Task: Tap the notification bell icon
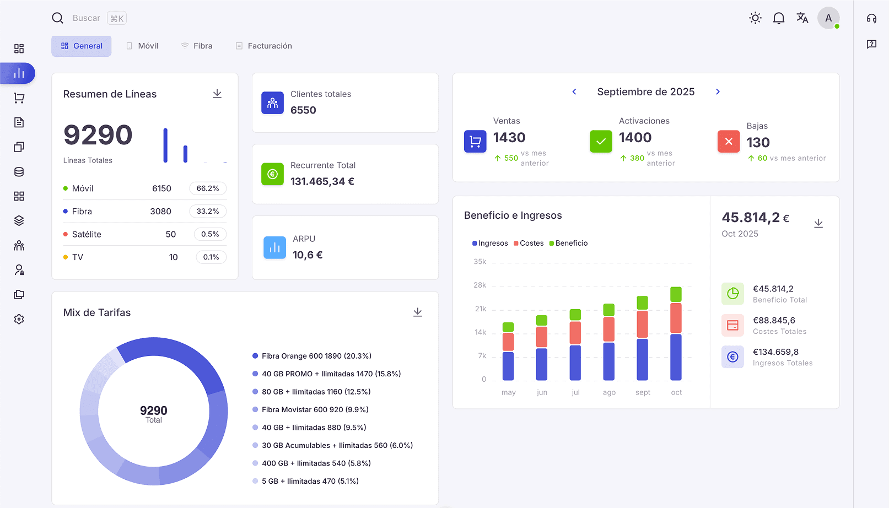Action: click(778, 18)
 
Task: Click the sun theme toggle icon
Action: click(755, 18)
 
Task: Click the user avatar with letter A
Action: click(828, 18)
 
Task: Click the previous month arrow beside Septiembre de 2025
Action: click(574, 92)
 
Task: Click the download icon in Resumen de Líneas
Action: click(217, 94)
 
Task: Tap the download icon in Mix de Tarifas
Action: click(418, 312)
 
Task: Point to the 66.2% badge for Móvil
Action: click(208, 188)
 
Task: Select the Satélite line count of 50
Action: click(171, 234)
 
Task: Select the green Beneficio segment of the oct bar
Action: click(676, 294)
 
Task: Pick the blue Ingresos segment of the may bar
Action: click(508, 366)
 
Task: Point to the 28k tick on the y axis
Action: click(480, 285)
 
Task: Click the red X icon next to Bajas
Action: click(729, 142)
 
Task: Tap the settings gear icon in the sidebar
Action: click(19, 319)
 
